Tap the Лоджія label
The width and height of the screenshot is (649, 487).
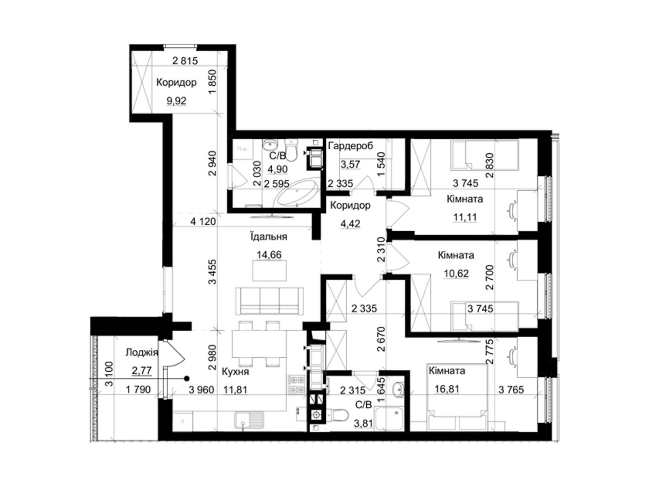pyautogui.click(x=142, y=352)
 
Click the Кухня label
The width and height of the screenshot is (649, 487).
pyautogui.click(x=235, y=372)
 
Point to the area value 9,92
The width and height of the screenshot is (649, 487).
pyautogui.click(x=176, y=101)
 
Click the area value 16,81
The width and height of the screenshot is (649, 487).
pyautogui.click(x=447, y=389)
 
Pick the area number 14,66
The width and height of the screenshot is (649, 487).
pyautogui.click(x=269, y=254)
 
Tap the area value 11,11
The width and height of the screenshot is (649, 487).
pyautogui.click(x=465, y=218)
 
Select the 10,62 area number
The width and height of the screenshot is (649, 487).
pyautogui.click(x=456, y=274)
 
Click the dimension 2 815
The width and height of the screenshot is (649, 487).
pyautogui.click(x=185, y=61)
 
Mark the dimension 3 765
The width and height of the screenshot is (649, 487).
pyautogui.click(x=511, y=390)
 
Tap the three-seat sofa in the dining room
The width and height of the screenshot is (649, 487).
pyautogui.click(x=269, y=301)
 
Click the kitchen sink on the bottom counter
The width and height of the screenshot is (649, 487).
pyautogui.click(x=249, y=420)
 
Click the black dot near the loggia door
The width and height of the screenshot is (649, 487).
pyautogui.click(x=187, y=378)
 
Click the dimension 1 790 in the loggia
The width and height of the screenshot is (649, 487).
pyautogui.click(x=138, y=390)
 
